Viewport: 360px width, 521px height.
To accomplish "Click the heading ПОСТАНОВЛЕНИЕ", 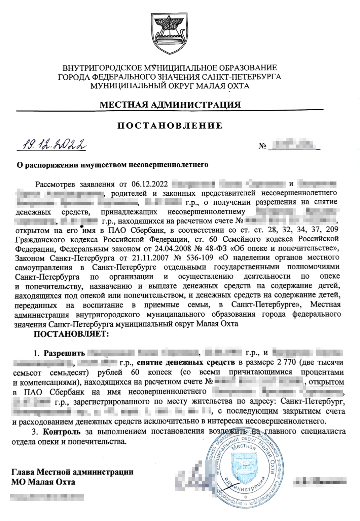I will [170, 126].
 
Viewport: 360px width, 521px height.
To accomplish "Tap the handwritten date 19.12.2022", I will [53, 145].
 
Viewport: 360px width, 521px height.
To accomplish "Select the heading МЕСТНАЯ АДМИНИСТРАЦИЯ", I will [170, 105].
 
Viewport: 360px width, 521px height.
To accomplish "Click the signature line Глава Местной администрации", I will [72, 472].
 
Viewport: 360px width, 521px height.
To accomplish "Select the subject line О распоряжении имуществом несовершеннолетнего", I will [113, 165].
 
